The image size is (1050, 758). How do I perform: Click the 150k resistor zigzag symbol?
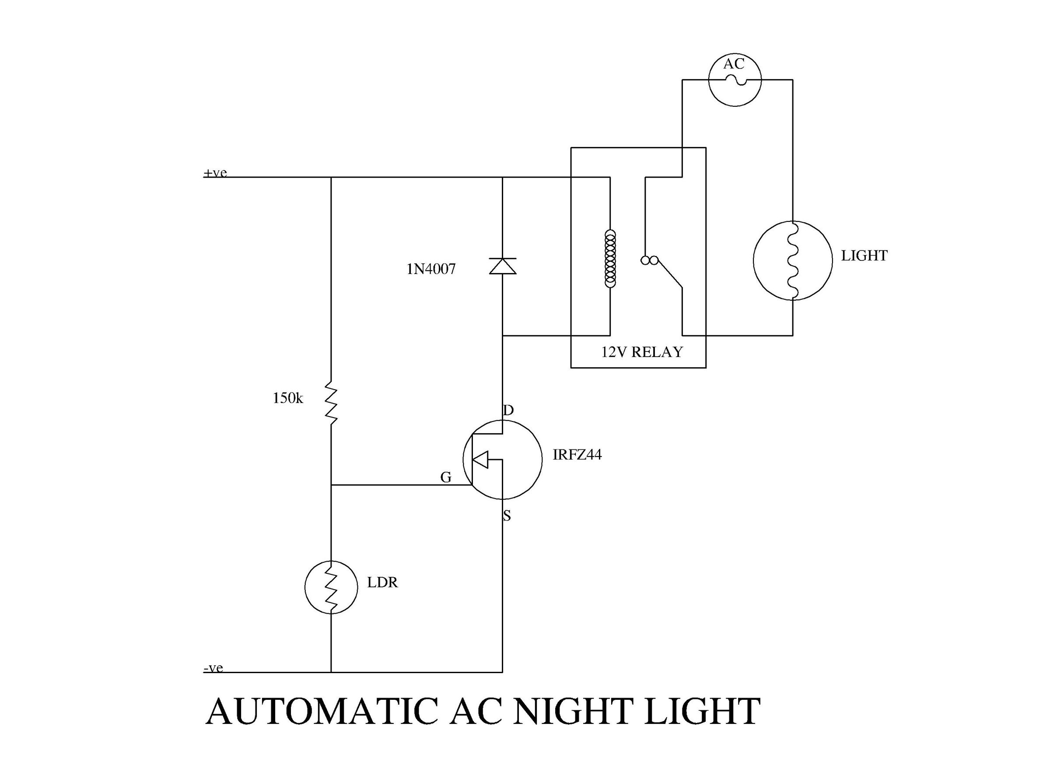pos(331,402)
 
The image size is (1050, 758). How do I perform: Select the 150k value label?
pos(287,398)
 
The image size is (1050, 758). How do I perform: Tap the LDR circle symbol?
pos(331,587)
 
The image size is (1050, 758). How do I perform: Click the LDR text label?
pos(382,582)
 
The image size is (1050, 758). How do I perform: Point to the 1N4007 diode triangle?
pos(502,266)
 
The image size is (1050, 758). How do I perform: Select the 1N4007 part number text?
pos(431,269)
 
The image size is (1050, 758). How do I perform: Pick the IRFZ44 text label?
pos(577,455)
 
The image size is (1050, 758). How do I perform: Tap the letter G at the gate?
pos(445,477)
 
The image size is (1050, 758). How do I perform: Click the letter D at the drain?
pos(508,410)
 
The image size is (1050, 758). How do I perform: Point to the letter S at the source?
pos(507,516)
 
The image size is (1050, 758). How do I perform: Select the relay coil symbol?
pos(610,259)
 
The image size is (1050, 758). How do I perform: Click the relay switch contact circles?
pos(649,260)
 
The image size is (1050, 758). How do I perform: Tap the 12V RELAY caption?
pos(642,352)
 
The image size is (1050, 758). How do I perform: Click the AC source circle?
pos(735,80)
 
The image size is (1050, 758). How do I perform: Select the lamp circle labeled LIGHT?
pos(792,260)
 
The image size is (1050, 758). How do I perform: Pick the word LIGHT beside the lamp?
pos(864,256)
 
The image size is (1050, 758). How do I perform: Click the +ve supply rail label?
pos(215,173)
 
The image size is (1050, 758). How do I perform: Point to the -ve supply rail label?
pos(213,668)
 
